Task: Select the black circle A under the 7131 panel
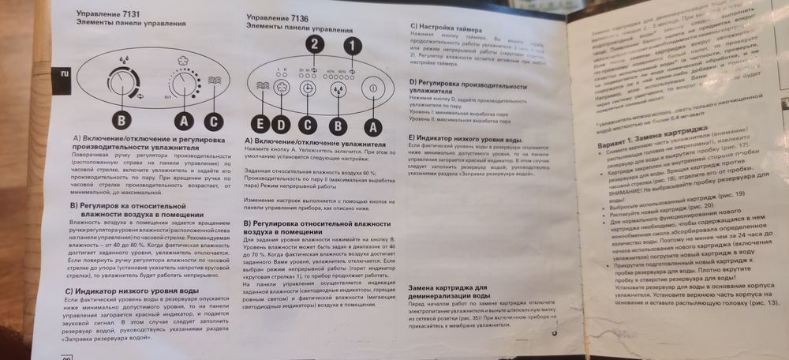point(184,122)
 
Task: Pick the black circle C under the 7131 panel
point(214,122)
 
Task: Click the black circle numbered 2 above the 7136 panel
point(316,44)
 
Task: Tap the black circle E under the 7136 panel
point(263,124)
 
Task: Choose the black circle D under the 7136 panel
point(282,124)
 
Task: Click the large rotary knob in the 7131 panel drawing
point(123,82)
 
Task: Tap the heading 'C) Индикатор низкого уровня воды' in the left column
point(126,291)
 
